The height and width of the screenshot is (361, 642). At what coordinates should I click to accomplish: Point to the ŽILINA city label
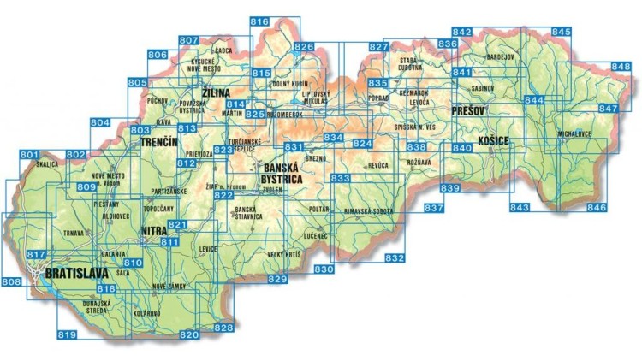[218, 92]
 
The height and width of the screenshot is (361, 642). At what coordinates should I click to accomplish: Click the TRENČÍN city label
[159, 140]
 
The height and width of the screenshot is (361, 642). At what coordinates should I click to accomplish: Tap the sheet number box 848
[621, 66]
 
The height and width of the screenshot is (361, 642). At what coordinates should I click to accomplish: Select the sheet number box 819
[67, 334]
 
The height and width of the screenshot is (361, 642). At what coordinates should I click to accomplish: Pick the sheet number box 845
[561, 32]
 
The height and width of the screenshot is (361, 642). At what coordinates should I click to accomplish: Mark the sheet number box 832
[395, 258]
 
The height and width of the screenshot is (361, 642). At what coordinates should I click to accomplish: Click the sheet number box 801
[29, 154]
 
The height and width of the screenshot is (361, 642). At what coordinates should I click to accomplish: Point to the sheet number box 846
[597, 208]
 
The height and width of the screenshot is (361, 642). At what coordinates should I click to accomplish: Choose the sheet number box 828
[223, 328]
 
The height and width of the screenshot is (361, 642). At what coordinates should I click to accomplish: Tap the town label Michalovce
[575, 135]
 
